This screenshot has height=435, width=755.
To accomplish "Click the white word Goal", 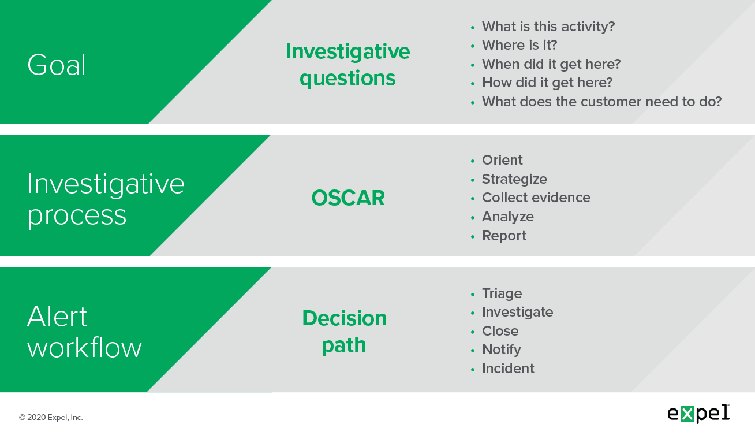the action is tap(57, 65).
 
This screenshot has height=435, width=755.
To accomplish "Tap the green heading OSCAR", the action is tap(348, 198).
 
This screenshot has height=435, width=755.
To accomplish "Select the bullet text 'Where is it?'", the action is tap(519, 45).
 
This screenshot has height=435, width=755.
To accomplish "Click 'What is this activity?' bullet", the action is tap(548, 27).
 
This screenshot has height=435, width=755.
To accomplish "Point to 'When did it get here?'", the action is tap(551, 64).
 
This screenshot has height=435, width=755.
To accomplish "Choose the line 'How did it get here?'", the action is tap(547, 83).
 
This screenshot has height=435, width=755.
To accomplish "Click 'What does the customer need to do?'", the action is tap(601, 102).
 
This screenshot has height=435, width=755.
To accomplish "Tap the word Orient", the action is tap(502, 160).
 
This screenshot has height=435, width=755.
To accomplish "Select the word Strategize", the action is tap(514, 179).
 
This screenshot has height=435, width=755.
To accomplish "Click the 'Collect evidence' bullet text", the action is tap(536, 198).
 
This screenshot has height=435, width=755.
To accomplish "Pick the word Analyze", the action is tap(507, 217).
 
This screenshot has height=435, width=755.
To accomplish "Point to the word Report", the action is tap(504, 236).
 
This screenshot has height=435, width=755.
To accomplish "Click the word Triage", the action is tap(502, 293).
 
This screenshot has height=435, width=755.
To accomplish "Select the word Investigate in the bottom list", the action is tap(517, 313).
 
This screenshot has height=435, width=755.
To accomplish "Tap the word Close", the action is tap(500, 331).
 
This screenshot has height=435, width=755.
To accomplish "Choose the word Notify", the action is tap(502, 350).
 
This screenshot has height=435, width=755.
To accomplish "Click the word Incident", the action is tap(508, 369).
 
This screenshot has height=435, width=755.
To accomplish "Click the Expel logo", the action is tap(698, 414).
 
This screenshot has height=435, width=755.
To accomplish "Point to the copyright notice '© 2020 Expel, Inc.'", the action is tap(51, 418).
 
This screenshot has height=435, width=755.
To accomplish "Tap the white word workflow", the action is tap(85, 347).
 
